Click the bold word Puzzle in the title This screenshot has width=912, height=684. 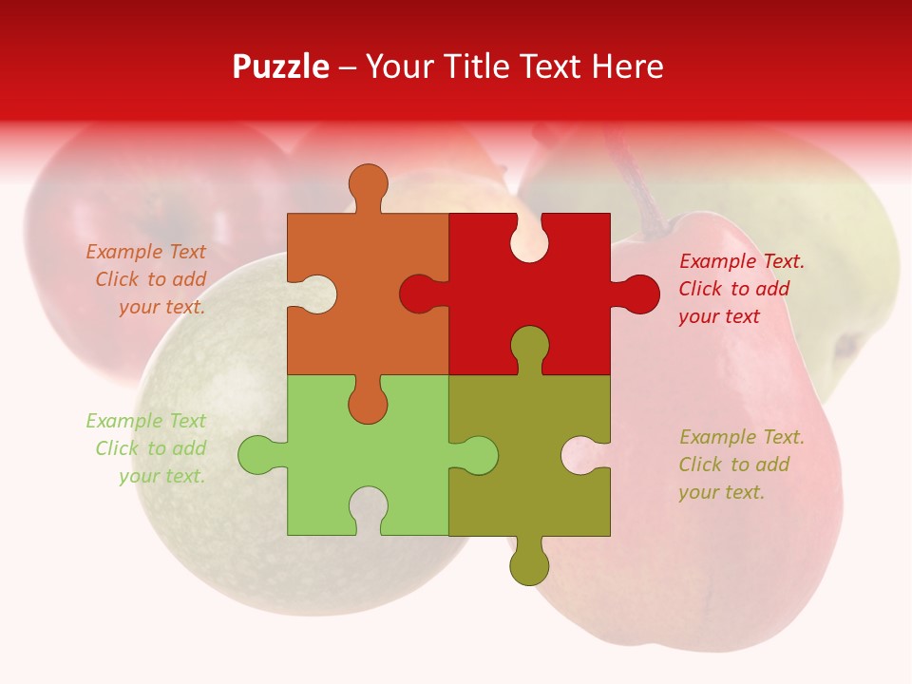click(281, 66)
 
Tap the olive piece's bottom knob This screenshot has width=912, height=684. click(529, 565)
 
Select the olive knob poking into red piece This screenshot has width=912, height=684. click(529, 346)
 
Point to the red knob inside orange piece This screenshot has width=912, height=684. click(418, 294)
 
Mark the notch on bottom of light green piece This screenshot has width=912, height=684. click(368, 507)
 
